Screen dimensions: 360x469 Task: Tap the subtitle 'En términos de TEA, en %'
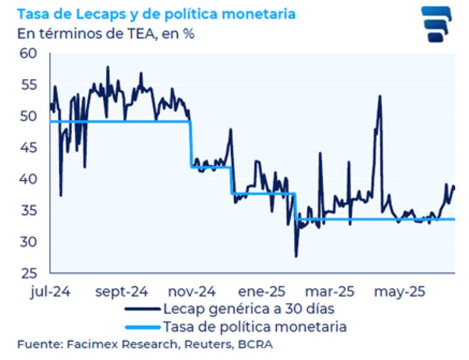106,33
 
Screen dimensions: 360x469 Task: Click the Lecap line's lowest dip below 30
296,256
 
